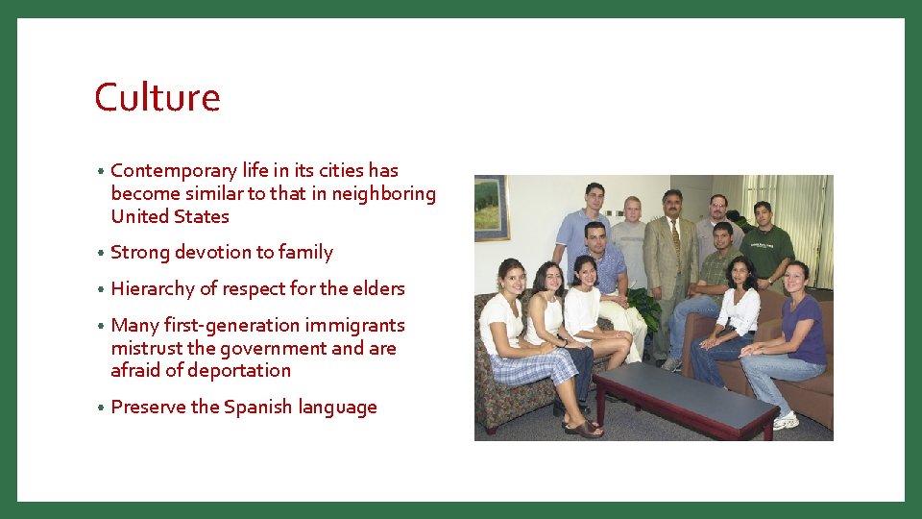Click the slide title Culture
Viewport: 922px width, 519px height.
click(x=158, y=98)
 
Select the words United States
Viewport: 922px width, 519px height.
click(x=169, y=216)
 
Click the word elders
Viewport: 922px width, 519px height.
click(x=378, y=289)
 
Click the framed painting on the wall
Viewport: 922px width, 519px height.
click(x=490, y=207)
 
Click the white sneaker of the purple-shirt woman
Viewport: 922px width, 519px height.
click(x=786, y=420)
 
